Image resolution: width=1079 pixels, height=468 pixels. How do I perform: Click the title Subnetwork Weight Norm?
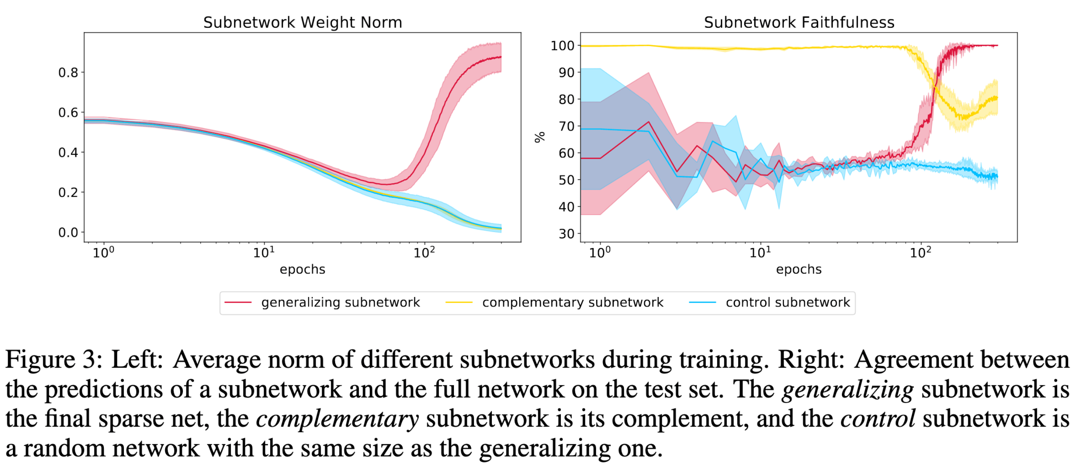point(302,22)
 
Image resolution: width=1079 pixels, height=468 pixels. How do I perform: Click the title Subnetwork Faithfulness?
point(799,22)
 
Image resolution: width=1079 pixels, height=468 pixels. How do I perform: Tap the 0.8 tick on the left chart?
point(68,73)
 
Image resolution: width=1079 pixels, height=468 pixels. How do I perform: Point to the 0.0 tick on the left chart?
point(68,232)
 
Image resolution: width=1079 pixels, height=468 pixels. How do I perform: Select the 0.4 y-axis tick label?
point(68,153)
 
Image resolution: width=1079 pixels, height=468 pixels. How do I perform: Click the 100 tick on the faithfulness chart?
point(562,46)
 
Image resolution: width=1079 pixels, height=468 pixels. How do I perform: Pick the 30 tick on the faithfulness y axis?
point(566,234)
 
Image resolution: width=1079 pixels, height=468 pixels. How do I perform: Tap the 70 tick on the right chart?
point(566,126)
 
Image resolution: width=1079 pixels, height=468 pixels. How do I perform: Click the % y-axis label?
point(540,137)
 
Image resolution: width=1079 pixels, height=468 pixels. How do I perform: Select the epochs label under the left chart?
point(302,269)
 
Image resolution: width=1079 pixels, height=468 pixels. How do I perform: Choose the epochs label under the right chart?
point(799,269)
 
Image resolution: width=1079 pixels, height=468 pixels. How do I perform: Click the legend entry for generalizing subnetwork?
point(340,302)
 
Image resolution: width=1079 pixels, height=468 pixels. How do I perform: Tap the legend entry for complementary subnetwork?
point(573,302)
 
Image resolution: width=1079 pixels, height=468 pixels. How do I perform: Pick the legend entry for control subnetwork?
point(787,302)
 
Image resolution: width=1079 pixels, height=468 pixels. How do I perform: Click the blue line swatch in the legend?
point(702,302)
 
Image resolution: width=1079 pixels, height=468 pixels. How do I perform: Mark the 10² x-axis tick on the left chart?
point(424,253)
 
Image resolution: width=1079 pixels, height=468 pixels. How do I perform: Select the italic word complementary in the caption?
point(337,419)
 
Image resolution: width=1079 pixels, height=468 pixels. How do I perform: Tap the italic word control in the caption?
point(877,419)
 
